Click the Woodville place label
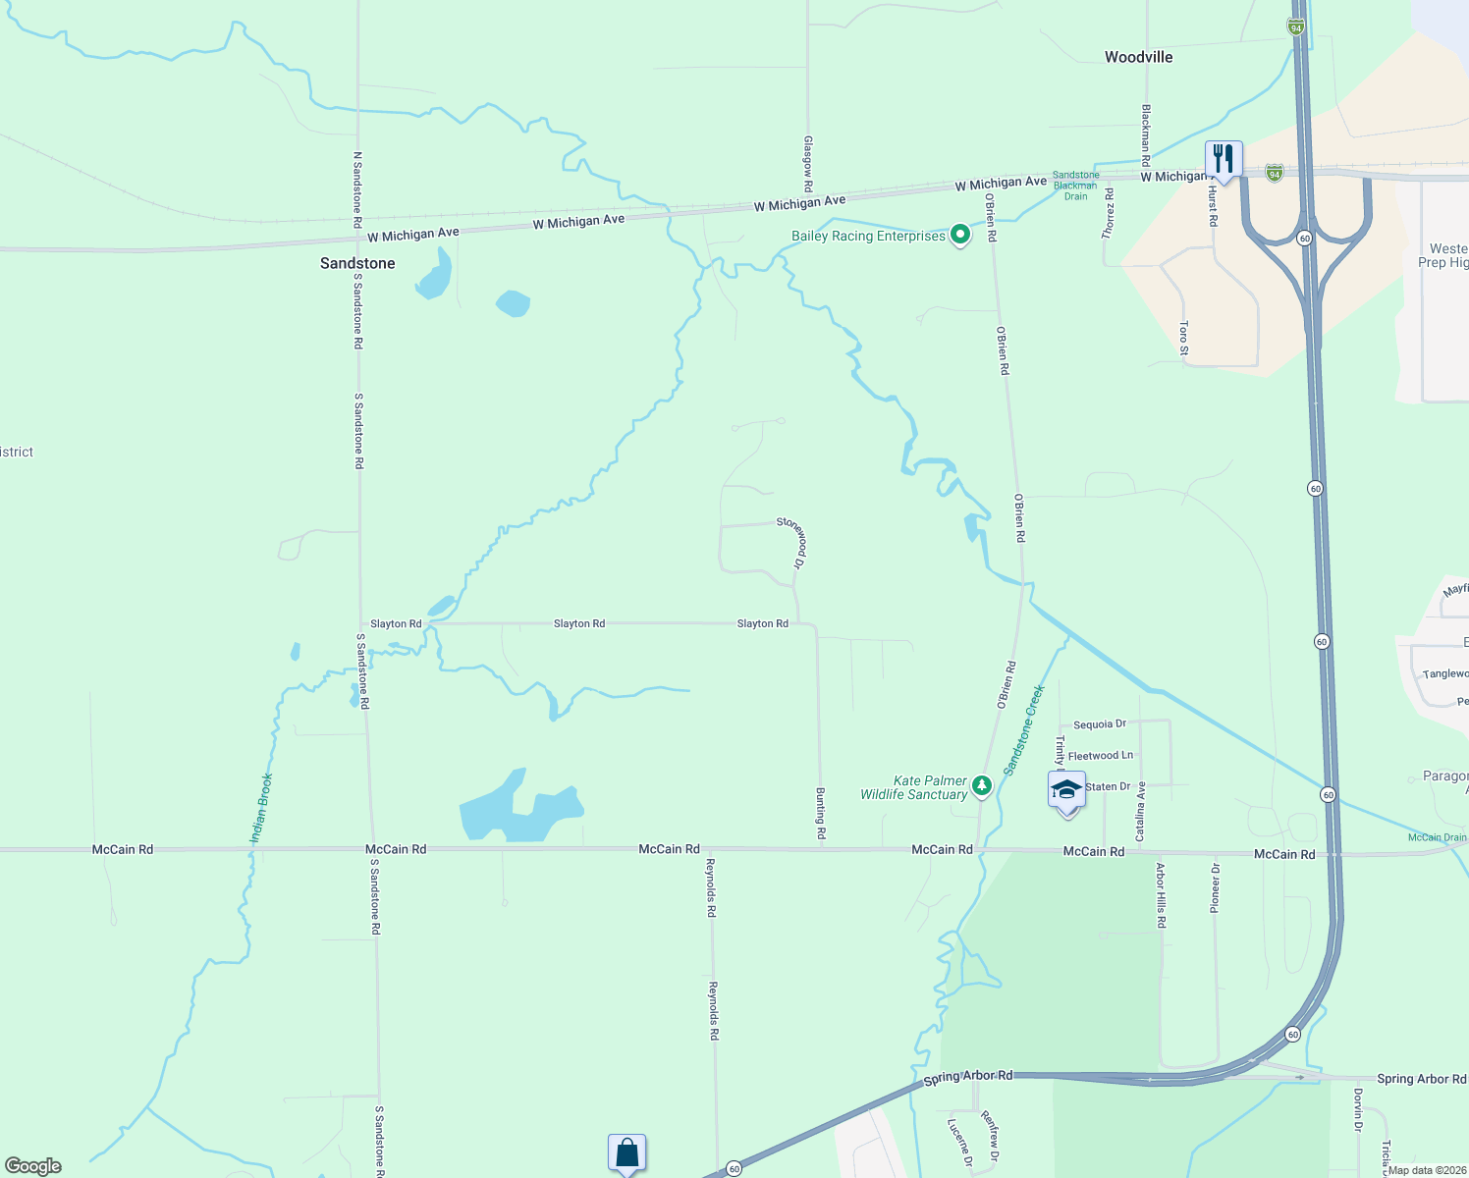tap(1138, 57)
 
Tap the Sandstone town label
tap(357, 263)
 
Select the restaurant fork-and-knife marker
tap(1224, 158)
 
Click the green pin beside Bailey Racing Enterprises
tap(960, 235)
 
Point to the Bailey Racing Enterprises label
tap(868, 237)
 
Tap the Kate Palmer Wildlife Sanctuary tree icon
tap(982, 784)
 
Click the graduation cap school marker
tap(1066, 790)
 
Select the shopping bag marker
tap(626, 1152)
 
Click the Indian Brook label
tap(261, 809)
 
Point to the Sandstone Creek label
tap(1024, 730)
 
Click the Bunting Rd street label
tap(821, 813)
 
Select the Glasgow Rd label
tap(808, 164)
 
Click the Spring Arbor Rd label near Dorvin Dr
tap(1421, 1079)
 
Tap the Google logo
tap(33, 1166)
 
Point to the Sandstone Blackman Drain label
tap(1075, 186)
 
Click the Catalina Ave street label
tap(1141, 811)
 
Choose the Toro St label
tap(1184, 338)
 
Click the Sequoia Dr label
tap(1099, 724)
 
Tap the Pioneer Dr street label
tap(1216, 888)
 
